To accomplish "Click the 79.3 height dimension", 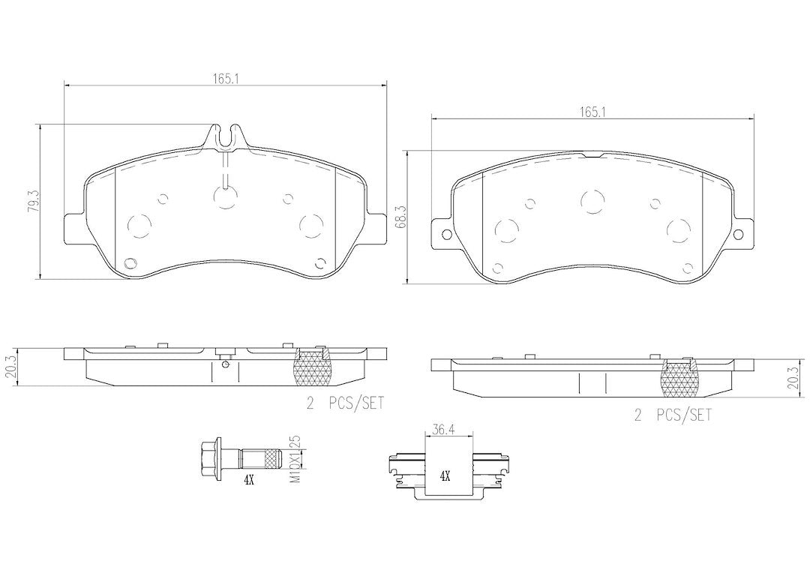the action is pos(33,201).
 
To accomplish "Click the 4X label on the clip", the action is pos(445,476).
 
